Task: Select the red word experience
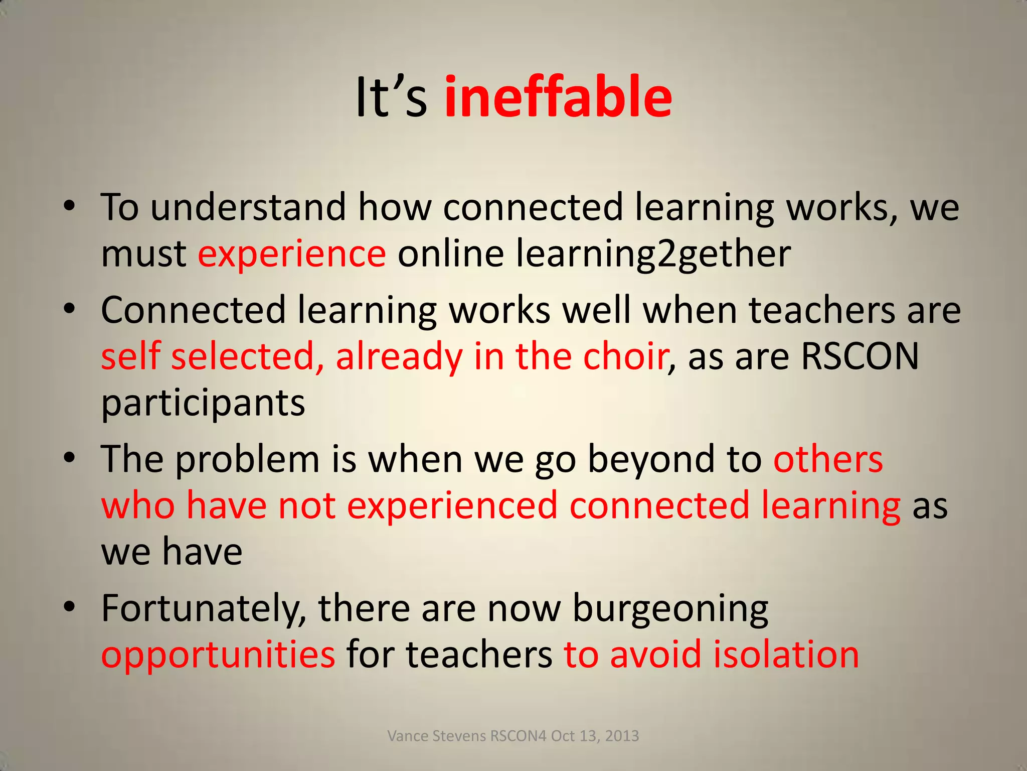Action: click(292, 254)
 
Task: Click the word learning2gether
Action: click(653, 254)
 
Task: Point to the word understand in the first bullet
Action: click(248, 207)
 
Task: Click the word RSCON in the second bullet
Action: click(860, 356)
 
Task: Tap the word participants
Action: click(203, 403)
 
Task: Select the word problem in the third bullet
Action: click(247, 459)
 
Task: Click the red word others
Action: click(828, 459)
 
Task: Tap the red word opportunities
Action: click(218, 656)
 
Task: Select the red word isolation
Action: click(786, 655)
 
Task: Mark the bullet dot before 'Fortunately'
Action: click(70, 607)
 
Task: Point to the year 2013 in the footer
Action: click(622, 736)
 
